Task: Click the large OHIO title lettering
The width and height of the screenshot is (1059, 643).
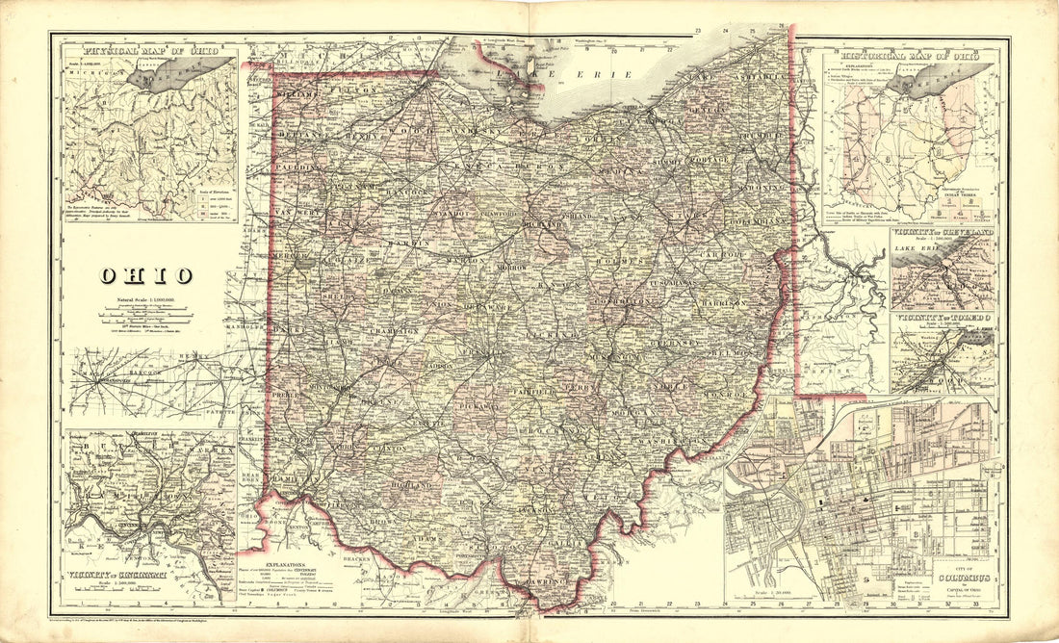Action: point(142,276)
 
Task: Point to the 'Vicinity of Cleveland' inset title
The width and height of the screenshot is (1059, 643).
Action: point(943,233)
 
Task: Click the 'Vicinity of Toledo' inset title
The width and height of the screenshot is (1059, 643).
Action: point(943,317)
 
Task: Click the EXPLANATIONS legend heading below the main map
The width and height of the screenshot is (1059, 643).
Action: point(291,557)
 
